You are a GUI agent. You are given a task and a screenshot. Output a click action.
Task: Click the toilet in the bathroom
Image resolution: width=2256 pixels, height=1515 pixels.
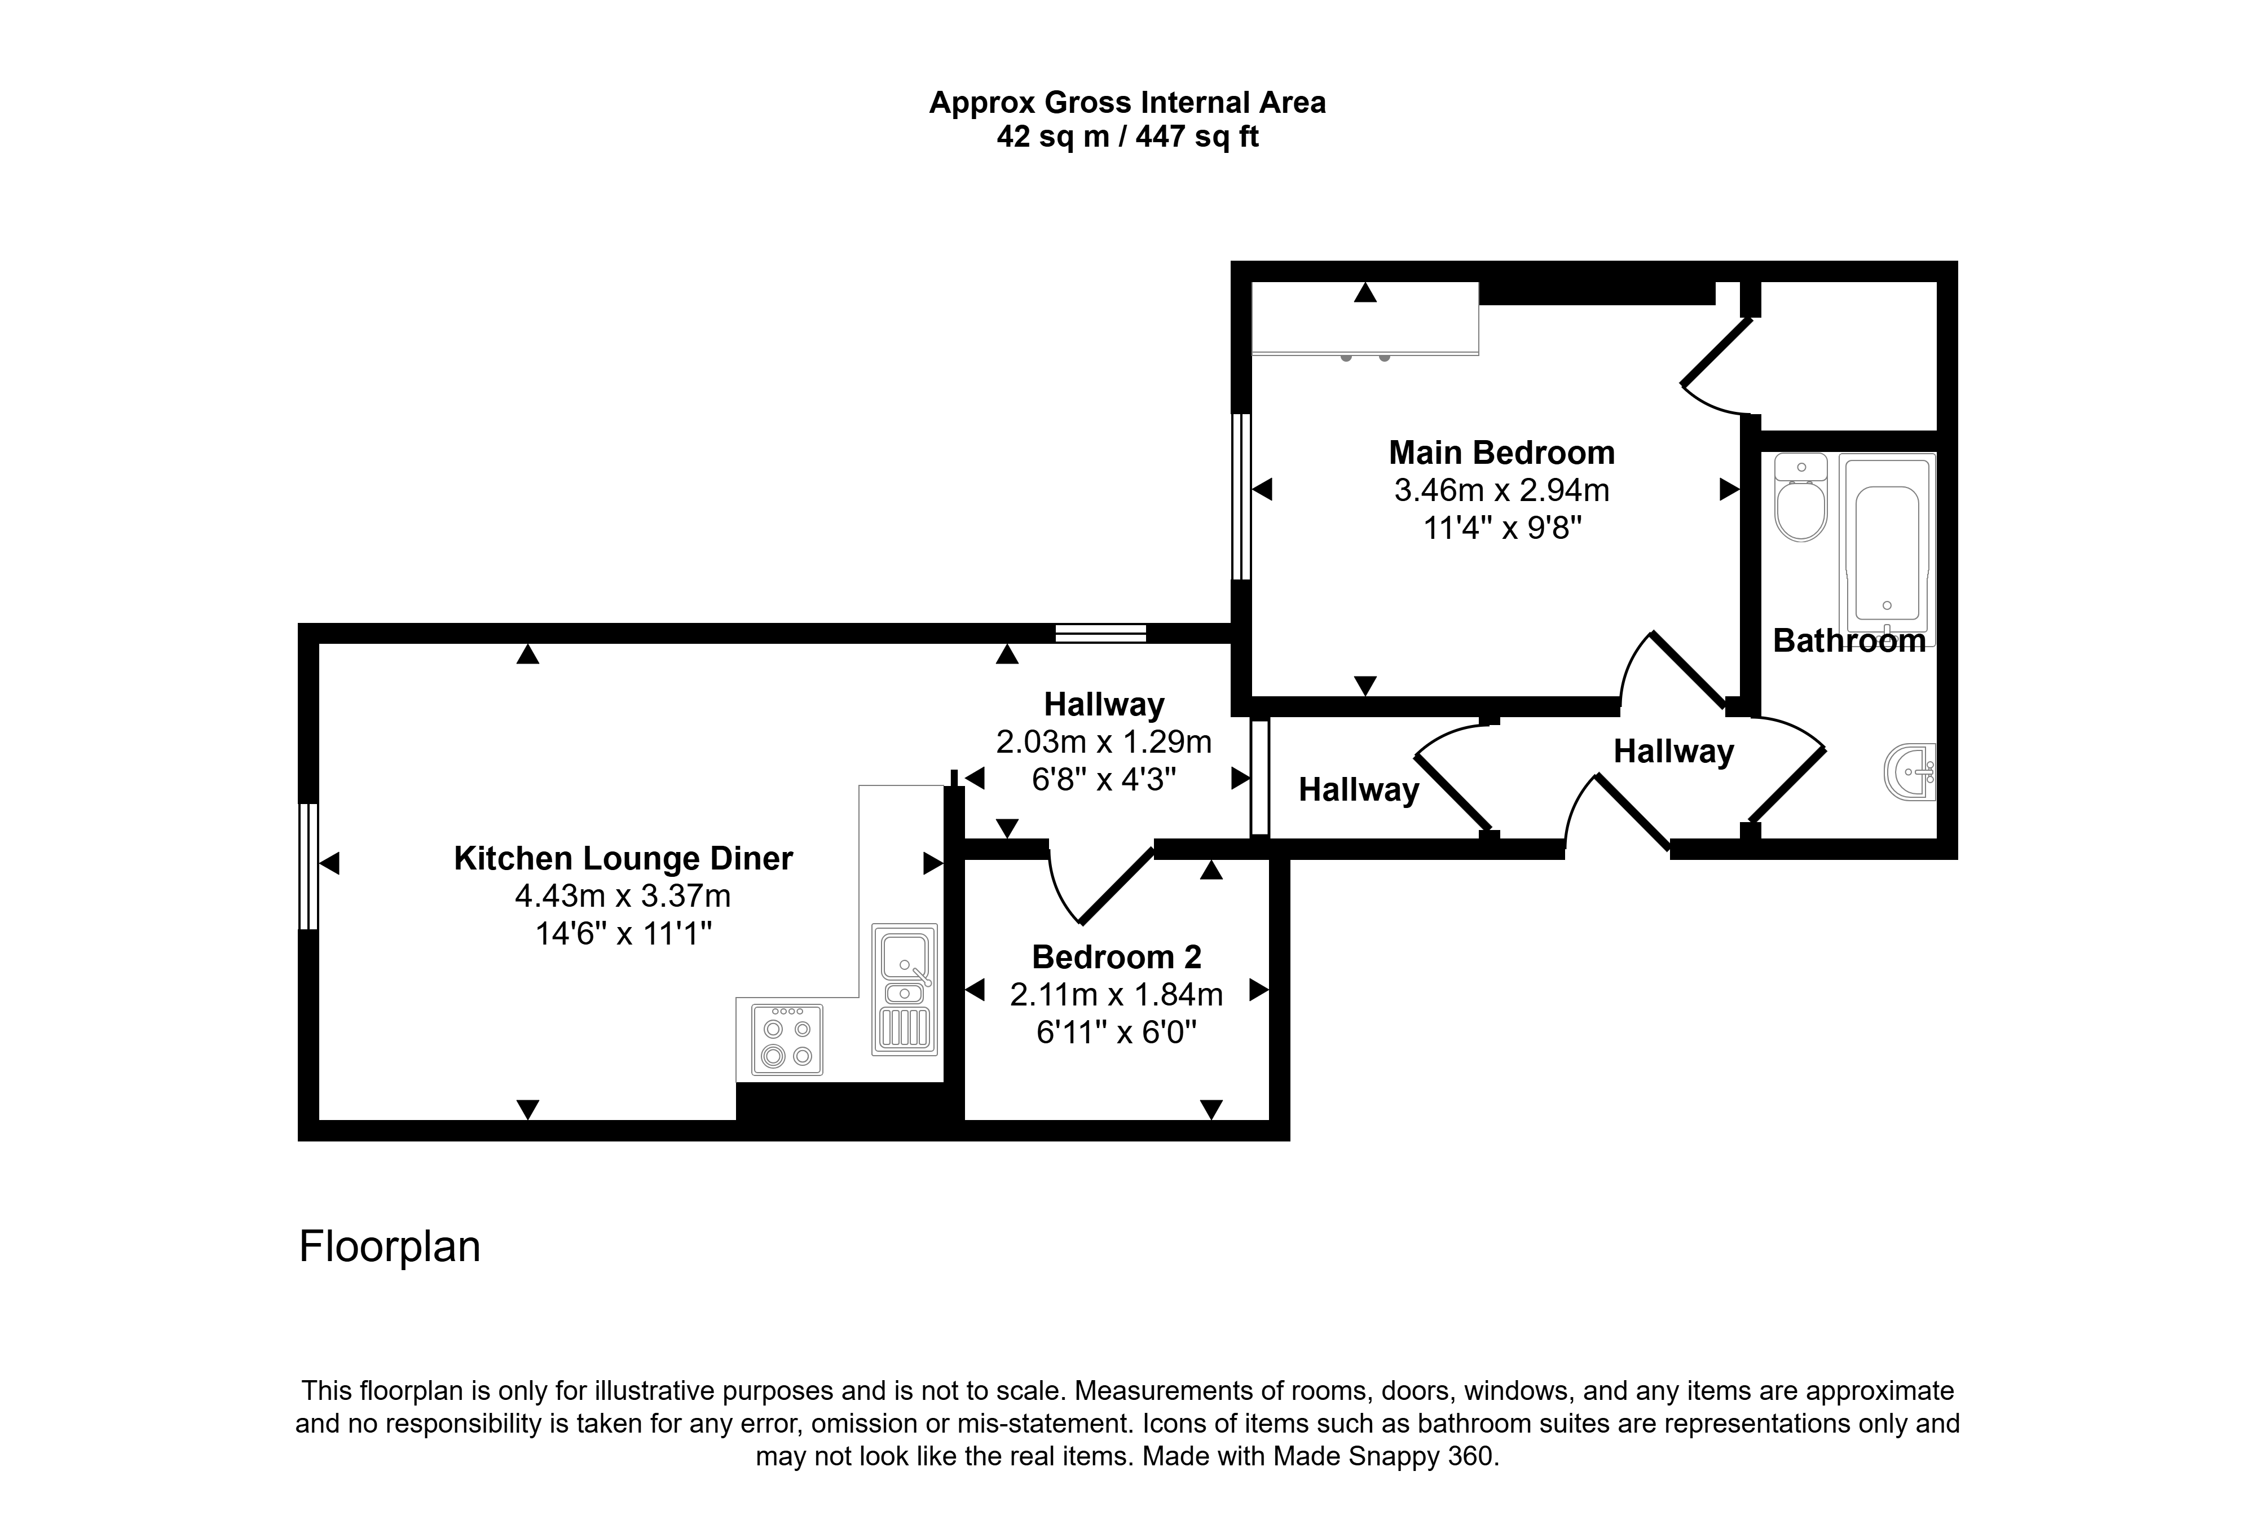pos(1801,498)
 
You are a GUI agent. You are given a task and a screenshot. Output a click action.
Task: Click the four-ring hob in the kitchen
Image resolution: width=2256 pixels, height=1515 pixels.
pos(787,1040)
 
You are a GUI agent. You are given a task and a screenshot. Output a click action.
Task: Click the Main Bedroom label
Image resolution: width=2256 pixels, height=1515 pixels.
pos(1502,452)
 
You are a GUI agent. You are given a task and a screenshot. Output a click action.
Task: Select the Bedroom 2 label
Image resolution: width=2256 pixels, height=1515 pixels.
pos(1116,956)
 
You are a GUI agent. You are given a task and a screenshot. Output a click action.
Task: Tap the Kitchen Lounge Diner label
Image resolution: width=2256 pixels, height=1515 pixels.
pos(623,858)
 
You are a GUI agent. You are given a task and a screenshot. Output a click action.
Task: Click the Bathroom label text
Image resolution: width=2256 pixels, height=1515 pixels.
pos(1849,640)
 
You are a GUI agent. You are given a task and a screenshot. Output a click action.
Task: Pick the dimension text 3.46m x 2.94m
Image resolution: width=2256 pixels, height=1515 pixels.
pos(1502,491)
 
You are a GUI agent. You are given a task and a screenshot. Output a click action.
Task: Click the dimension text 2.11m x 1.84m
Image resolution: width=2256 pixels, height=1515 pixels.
pos(1116,994)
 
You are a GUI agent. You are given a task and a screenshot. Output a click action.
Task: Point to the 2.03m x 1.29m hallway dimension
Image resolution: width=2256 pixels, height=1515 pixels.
pos(1104,742)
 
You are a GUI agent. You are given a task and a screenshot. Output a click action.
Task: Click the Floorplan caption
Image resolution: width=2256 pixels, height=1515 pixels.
pos(389,1246)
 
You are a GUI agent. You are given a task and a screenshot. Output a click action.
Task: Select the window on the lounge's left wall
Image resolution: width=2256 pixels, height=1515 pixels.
pos(308,867)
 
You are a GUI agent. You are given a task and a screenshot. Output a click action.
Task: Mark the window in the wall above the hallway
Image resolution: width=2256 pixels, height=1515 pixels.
pos(1101,634)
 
